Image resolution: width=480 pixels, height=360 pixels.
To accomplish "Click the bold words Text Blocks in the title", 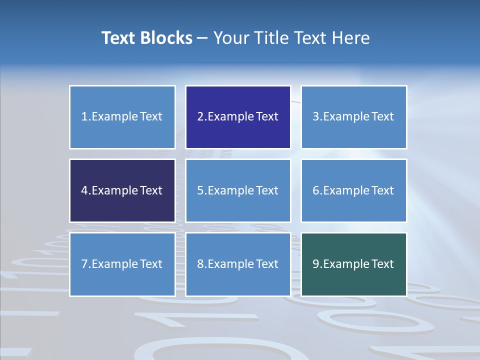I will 146,38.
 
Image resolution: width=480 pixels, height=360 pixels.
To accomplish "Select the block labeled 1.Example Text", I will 122,117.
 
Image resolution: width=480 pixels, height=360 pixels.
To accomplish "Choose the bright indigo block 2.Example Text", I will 238,117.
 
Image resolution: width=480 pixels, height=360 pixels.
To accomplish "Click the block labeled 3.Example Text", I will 353,117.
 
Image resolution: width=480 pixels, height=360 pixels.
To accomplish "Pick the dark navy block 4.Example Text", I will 122,190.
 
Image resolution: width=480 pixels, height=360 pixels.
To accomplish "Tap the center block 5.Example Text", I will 238,190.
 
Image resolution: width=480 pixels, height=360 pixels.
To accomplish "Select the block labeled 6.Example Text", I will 353,190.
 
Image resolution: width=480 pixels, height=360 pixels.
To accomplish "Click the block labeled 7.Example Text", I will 122,264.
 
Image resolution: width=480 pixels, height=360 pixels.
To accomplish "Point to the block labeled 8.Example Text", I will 238,264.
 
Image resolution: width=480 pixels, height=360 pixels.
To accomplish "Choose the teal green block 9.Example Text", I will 353,264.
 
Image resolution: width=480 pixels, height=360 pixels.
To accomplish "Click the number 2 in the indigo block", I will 200,117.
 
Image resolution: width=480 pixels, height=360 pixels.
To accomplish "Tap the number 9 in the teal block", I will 316,264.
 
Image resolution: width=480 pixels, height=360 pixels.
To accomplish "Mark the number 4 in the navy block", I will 84,190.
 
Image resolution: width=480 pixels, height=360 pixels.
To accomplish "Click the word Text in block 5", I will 267,190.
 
